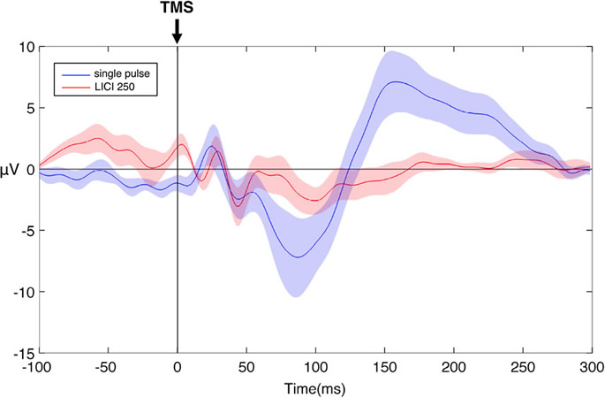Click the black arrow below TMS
point(178,31)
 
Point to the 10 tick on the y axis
point(26,46)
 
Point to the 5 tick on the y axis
point(30,108)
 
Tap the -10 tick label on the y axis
point(25,293)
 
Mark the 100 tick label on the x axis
point(316,367)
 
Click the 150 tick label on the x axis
point(385,367)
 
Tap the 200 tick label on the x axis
point(454,367)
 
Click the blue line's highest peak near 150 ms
point(399,81)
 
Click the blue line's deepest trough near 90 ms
point(299,257)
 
